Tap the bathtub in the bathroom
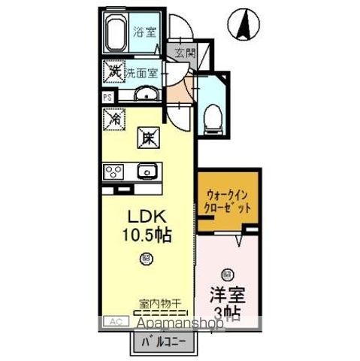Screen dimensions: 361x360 point(117,35)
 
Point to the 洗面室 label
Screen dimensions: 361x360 point(141,73)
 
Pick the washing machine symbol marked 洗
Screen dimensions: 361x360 point(113,73)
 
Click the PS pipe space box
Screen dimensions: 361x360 point(107,96)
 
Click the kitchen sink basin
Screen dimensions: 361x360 point(147,170)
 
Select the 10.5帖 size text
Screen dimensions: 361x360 point(147,234)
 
